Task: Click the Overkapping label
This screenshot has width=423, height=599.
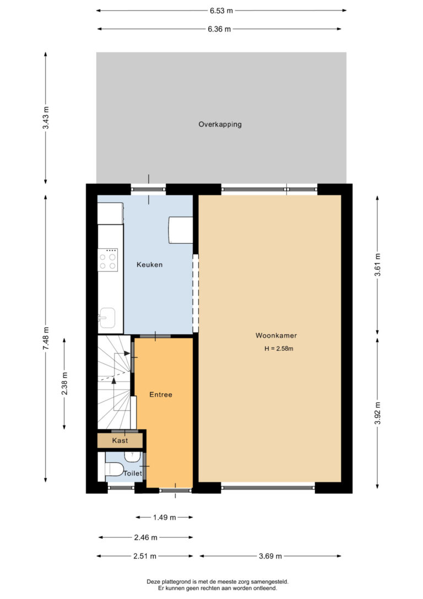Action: (220, 125)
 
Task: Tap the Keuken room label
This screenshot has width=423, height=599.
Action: (149, 264)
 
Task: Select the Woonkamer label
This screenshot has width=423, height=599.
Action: (276, 335)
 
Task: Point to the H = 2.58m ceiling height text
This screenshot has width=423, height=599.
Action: (279, 349)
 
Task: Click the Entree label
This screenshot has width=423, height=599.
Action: (161, 394)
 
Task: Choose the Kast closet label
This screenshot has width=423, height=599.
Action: (120, 441)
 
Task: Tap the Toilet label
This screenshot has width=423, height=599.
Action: (133, 473)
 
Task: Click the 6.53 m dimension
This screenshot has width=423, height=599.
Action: (221, 10)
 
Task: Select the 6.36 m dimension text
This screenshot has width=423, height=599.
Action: (219, 29)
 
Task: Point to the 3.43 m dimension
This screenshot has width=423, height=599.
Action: (46, 117)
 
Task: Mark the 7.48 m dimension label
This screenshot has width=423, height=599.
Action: (46, 338)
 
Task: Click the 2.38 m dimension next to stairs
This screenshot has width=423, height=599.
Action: (64, 383)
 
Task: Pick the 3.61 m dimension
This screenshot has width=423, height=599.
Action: (377, 264)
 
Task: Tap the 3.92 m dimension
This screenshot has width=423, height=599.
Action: (377, 413)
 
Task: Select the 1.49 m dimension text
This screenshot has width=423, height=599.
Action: (164, 517)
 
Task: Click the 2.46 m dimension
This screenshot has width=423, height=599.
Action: (146, 537)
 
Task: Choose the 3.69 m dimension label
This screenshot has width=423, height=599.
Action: (270, 556)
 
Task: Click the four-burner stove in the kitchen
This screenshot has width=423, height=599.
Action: (107, 260)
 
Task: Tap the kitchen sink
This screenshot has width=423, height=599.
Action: (107, 318)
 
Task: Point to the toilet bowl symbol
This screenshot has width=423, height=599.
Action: (113, 468)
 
